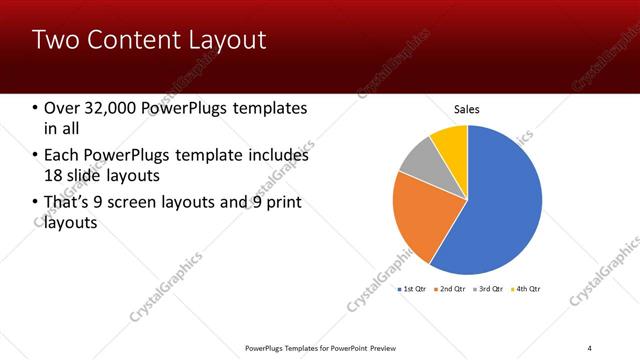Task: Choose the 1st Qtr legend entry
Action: [412, 289]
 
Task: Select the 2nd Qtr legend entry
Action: [451, 289]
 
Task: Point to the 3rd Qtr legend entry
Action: [489, 289]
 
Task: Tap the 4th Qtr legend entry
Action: [527, 289]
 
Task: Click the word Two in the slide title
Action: [53, 40]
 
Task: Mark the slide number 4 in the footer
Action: [590, 347]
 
